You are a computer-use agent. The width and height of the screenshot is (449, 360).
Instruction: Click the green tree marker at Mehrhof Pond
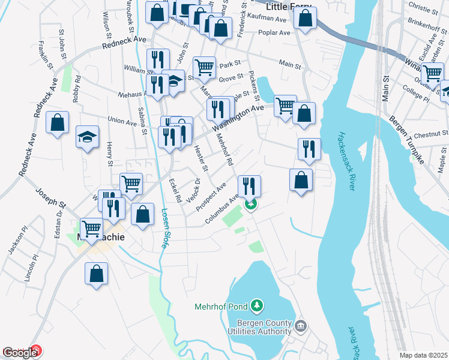[257, 306]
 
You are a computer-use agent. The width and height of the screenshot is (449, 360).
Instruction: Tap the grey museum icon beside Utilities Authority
[301, 326]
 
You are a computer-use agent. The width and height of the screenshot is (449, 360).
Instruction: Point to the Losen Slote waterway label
[164, 229]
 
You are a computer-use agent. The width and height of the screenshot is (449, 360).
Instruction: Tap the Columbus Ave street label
[221, 209]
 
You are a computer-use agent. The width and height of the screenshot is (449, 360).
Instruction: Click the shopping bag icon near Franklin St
[57, 122]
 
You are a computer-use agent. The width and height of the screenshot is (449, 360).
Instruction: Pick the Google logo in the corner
[20, 353]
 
